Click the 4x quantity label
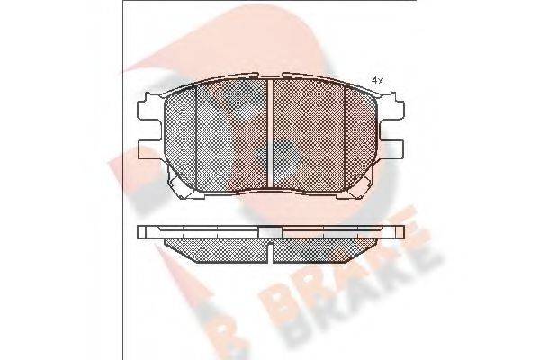tap(377, 80)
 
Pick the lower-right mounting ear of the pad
tap(392, 148)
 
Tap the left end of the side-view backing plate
tap(142, 231)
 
